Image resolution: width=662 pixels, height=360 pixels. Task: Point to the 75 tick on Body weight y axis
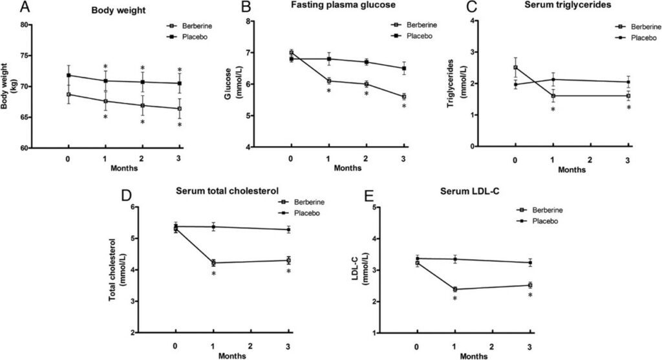(25, 56)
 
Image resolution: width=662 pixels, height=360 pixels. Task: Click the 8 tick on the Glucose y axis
(247, 21)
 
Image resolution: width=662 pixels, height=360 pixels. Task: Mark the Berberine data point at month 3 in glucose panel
(404, 97)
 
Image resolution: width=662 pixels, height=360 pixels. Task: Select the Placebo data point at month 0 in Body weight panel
(69, 76)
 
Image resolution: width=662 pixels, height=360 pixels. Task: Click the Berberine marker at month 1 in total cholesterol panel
(213, 263)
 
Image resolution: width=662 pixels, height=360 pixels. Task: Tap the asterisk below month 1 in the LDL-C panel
(454, 299)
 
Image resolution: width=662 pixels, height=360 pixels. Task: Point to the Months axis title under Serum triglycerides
(571, 170)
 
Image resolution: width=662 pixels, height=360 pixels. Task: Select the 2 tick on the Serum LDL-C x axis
(492, 346)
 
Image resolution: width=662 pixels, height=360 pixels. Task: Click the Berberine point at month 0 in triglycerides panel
(515, 67)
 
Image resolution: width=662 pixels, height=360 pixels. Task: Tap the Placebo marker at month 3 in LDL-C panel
(530, 262)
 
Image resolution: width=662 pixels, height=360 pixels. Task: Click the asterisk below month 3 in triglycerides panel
(628, 108)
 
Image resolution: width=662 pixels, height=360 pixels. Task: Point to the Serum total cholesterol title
(227, 190)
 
